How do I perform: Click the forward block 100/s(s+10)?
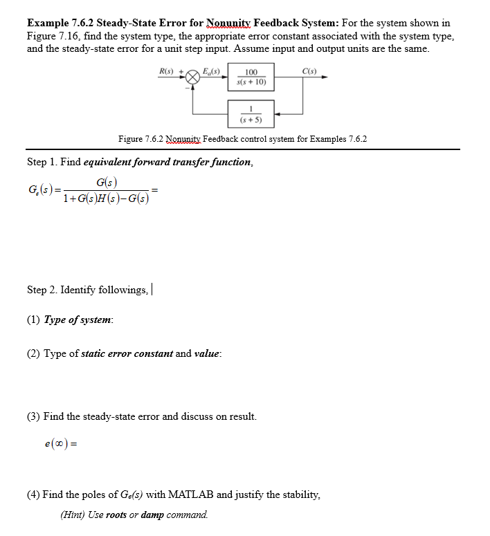[251, 77]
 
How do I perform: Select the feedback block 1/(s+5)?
[251, 113]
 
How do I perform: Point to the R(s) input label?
[167, 71]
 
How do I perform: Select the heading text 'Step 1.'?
[42, 162]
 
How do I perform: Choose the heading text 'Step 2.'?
[42, 289]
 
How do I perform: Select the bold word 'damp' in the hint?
[153, 515]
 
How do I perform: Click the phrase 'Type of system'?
[78, 320]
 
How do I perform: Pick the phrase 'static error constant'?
[127, 353]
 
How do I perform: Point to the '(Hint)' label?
[73, 515]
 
